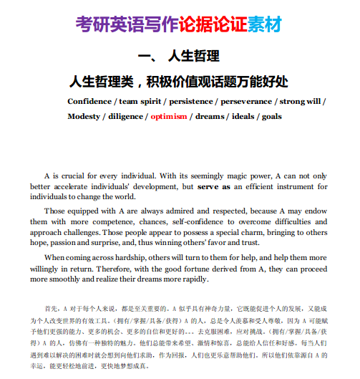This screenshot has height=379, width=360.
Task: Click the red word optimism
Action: coord(170,116)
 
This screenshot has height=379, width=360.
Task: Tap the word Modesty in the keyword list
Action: coord(84,116)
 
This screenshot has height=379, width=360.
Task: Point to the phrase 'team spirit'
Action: coord(138,101)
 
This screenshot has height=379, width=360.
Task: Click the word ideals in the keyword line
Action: coord(247,116)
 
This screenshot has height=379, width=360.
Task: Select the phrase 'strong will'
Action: coord(300,101)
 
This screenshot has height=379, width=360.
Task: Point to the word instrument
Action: coord(307,186)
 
